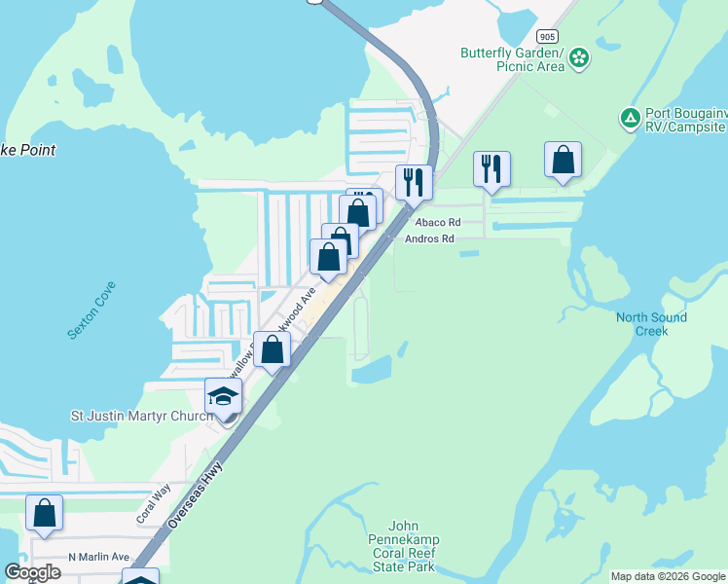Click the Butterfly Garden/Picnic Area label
pyautogui.click(x=513, y=59)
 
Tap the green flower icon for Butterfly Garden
pyautogui.click(x=579, y=58)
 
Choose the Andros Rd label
pyautogui.click(x=429, y=238)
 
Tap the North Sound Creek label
pyautogui.click(x=651, y=324)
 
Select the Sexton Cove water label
pyautogui.click(x=91, y=310)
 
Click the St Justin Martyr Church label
pyautogui.click(x=141, y=417)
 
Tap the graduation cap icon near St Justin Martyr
pyautogui.click(x=223, y=396)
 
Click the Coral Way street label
pyautogui.click(x=153, y=503)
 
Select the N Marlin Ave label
pyautogui.click(x=98, y=557)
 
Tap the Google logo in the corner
pyautogui.click(x=32, y=572)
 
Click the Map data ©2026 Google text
pyautogui.click(x=668, y=576)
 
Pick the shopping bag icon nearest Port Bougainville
pyautogui.click(x=563, y=161)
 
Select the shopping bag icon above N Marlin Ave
pyautogui.click(x=44, y=513)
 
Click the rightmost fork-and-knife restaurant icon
pyautogui.click(x=491, y=169)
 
